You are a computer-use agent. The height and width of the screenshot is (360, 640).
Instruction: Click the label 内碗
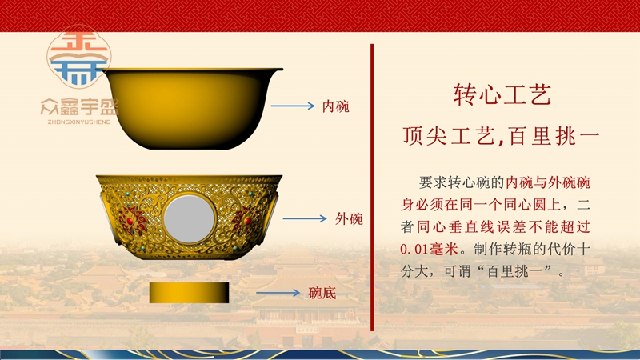[x=335, y=106]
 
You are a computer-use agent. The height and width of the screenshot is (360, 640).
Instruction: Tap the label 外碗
[x=349, y=218]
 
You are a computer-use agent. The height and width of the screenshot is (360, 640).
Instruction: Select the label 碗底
[x=322, y=293]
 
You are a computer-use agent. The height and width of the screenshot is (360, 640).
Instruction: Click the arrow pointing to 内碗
[x=293, y=106]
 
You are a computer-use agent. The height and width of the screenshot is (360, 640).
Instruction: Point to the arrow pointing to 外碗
[x=305, y=218]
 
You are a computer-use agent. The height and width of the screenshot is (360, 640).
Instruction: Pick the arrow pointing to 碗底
[x=278, y=293]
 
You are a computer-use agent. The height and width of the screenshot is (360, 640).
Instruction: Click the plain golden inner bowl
[x=192, y=109]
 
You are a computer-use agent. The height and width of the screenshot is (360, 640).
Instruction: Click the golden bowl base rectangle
[x=189, y=293]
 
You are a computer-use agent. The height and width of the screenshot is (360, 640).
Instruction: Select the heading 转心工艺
[x=502, y=94]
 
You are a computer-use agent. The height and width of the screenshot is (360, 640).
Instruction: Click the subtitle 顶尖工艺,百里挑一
[x=502, y=136]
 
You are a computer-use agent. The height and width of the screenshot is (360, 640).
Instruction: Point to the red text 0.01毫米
[x=430, y=249]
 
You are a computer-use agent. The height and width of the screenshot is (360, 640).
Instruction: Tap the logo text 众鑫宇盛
[x=79, y=107]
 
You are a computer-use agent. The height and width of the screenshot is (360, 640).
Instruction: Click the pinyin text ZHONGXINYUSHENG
[x=79, y=122]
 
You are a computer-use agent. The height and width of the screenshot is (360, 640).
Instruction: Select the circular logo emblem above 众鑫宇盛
[x=78, y=57]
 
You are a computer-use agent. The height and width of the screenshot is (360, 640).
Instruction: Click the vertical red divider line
[x=372, y=187]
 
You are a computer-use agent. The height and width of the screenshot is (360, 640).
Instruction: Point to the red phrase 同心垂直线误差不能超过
[x=503, y=226]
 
